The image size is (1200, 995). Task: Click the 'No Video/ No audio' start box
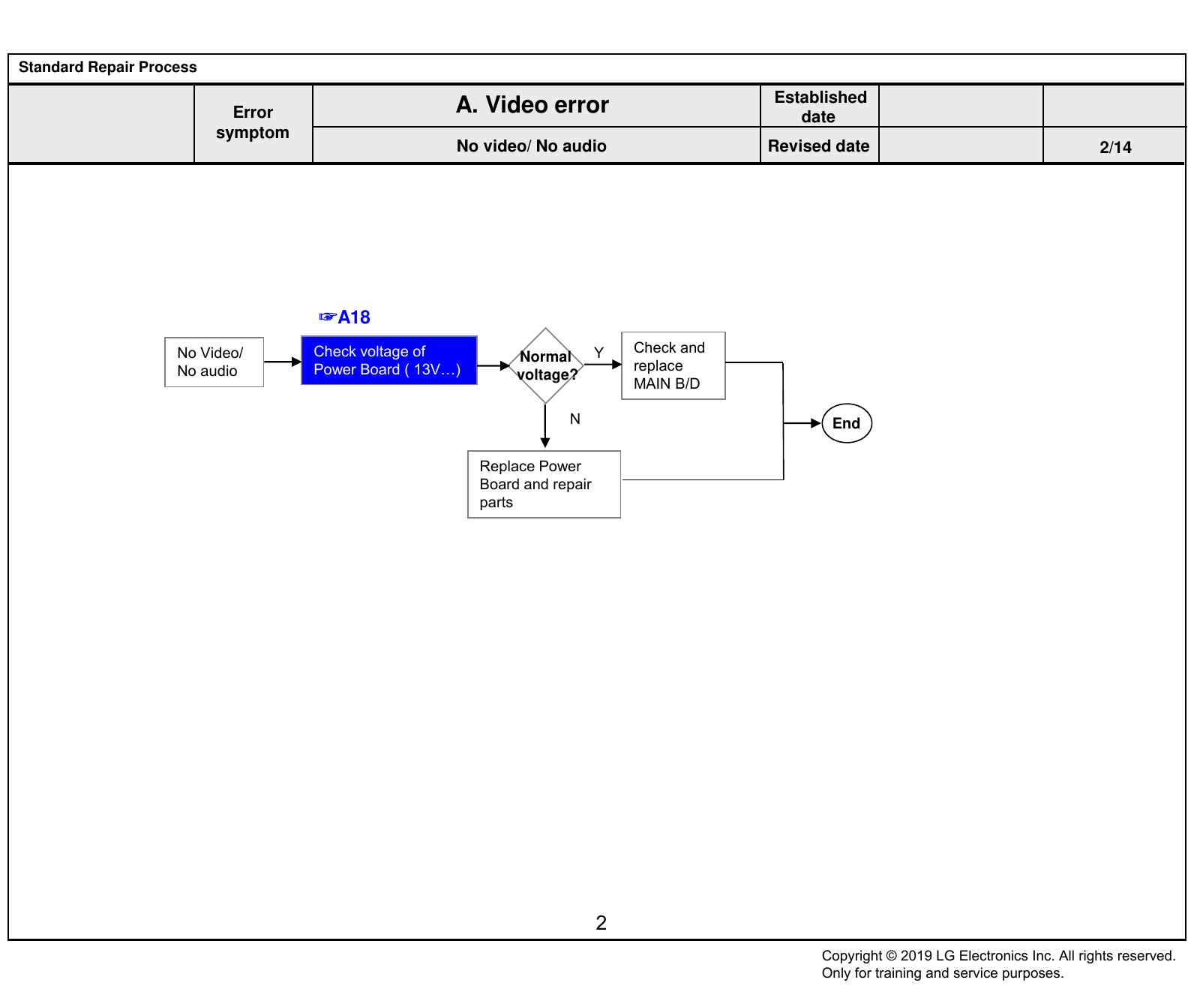pyautogui.click(x=214, y=362)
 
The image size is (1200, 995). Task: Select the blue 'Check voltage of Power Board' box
pyautogui.click(x=389, y=360)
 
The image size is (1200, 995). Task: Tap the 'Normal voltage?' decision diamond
pyautogui.click(x=546, y=365)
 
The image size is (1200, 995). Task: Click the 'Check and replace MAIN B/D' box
pyautogui.click(x=673, y=365)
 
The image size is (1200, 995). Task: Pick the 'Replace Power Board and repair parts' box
pyautogui.click(x=544, y=484)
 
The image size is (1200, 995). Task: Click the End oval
pyautogui.click(x=847, y=423)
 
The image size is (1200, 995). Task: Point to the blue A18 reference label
pyautogui.click(x=345, y=317)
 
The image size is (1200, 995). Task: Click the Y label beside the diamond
pyautogui.click(x=598, y=353)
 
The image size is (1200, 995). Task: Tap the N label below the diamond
pyautogui.click(x=575, y=419)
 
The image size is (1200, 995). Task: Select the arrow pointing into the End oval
pyautogui.click(x=802, y=423)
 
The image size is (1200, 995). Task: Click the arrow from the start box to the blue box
pyautogui.click(x=283, y=362)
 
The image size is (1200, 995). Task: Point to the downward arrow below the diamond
pyautogui.click(x=545, y=426)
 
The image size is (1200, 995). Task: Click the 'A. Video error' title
pyautogui.click(x=532, y=105)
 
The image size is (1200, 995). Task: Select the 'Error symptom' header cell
pyautogui.click(x=253, y=122)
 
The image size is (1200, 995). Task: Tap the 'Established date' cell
pyautogui.click(x=820, y=107)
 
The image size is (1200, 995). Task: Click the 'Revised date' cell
pyautogui.click(x=819, y=146)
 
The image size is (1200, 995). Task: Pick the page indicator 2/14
pyautogui.click(x=1115, y=147)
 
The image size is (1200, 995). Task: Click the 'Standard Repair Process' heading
pyautogui.click(x=108, y=67)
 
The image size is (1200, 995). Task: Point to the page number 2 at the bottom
pyautogui.click(x=601, y=923)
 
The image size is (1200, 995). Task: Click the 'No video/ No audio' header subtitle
pyautogui.click(x=532, y=146)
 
